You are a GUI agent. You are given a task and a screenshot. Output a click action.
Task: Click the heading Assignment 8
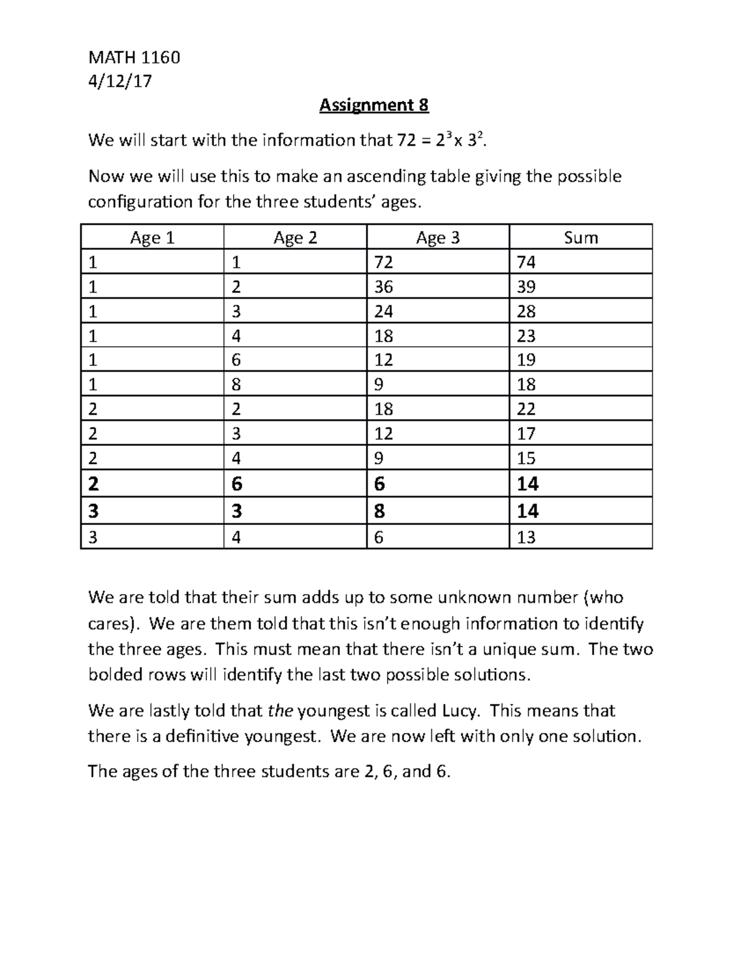tap(373, 105)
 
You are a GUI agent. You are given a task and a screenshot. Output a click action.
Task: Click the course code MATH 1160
tap(134, 57)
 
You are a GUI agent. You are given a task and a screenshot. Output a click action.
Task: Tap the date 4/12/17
tap(120, 81)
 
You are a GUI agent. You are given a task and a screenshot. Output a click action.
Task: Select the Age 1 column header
tap(151, 238)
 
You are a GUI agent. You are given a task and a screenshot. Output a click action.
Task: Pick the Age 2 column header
tap(295, 238)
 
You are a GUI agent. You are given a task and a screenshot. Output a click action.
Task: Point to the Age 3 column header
tap(438, 238)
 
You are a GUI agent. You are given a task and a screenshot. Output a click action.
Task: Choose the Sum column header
tap(580, 238)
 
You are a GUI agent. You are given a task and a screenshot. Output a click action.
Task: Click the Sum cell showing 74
tap(526, 262)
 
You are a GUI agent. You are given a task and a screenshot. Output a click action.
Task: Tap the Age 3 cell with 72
tap(383, 262)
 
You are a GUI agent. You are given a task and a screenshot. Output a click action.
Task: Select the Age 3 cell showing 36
tap(383, 286)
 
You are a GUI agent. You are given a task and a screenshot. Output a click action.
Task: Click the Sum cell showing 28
tap(526, 311)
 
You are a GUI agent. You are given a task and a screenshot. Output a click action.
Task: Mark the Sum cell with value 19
tap(526, 360)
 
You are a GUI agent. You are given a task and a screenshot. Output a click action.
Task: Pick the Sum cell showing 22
tap(526, 409)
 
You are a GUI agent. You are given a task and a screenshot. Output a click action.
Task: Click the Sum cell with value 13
tap(526, 537)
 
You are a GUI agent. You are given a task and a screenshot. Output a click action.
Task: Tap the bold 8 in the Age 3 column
tap(379, 511)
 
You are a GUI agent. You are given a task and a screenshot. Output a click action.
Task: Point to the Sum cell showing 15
tap(526, 458)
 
